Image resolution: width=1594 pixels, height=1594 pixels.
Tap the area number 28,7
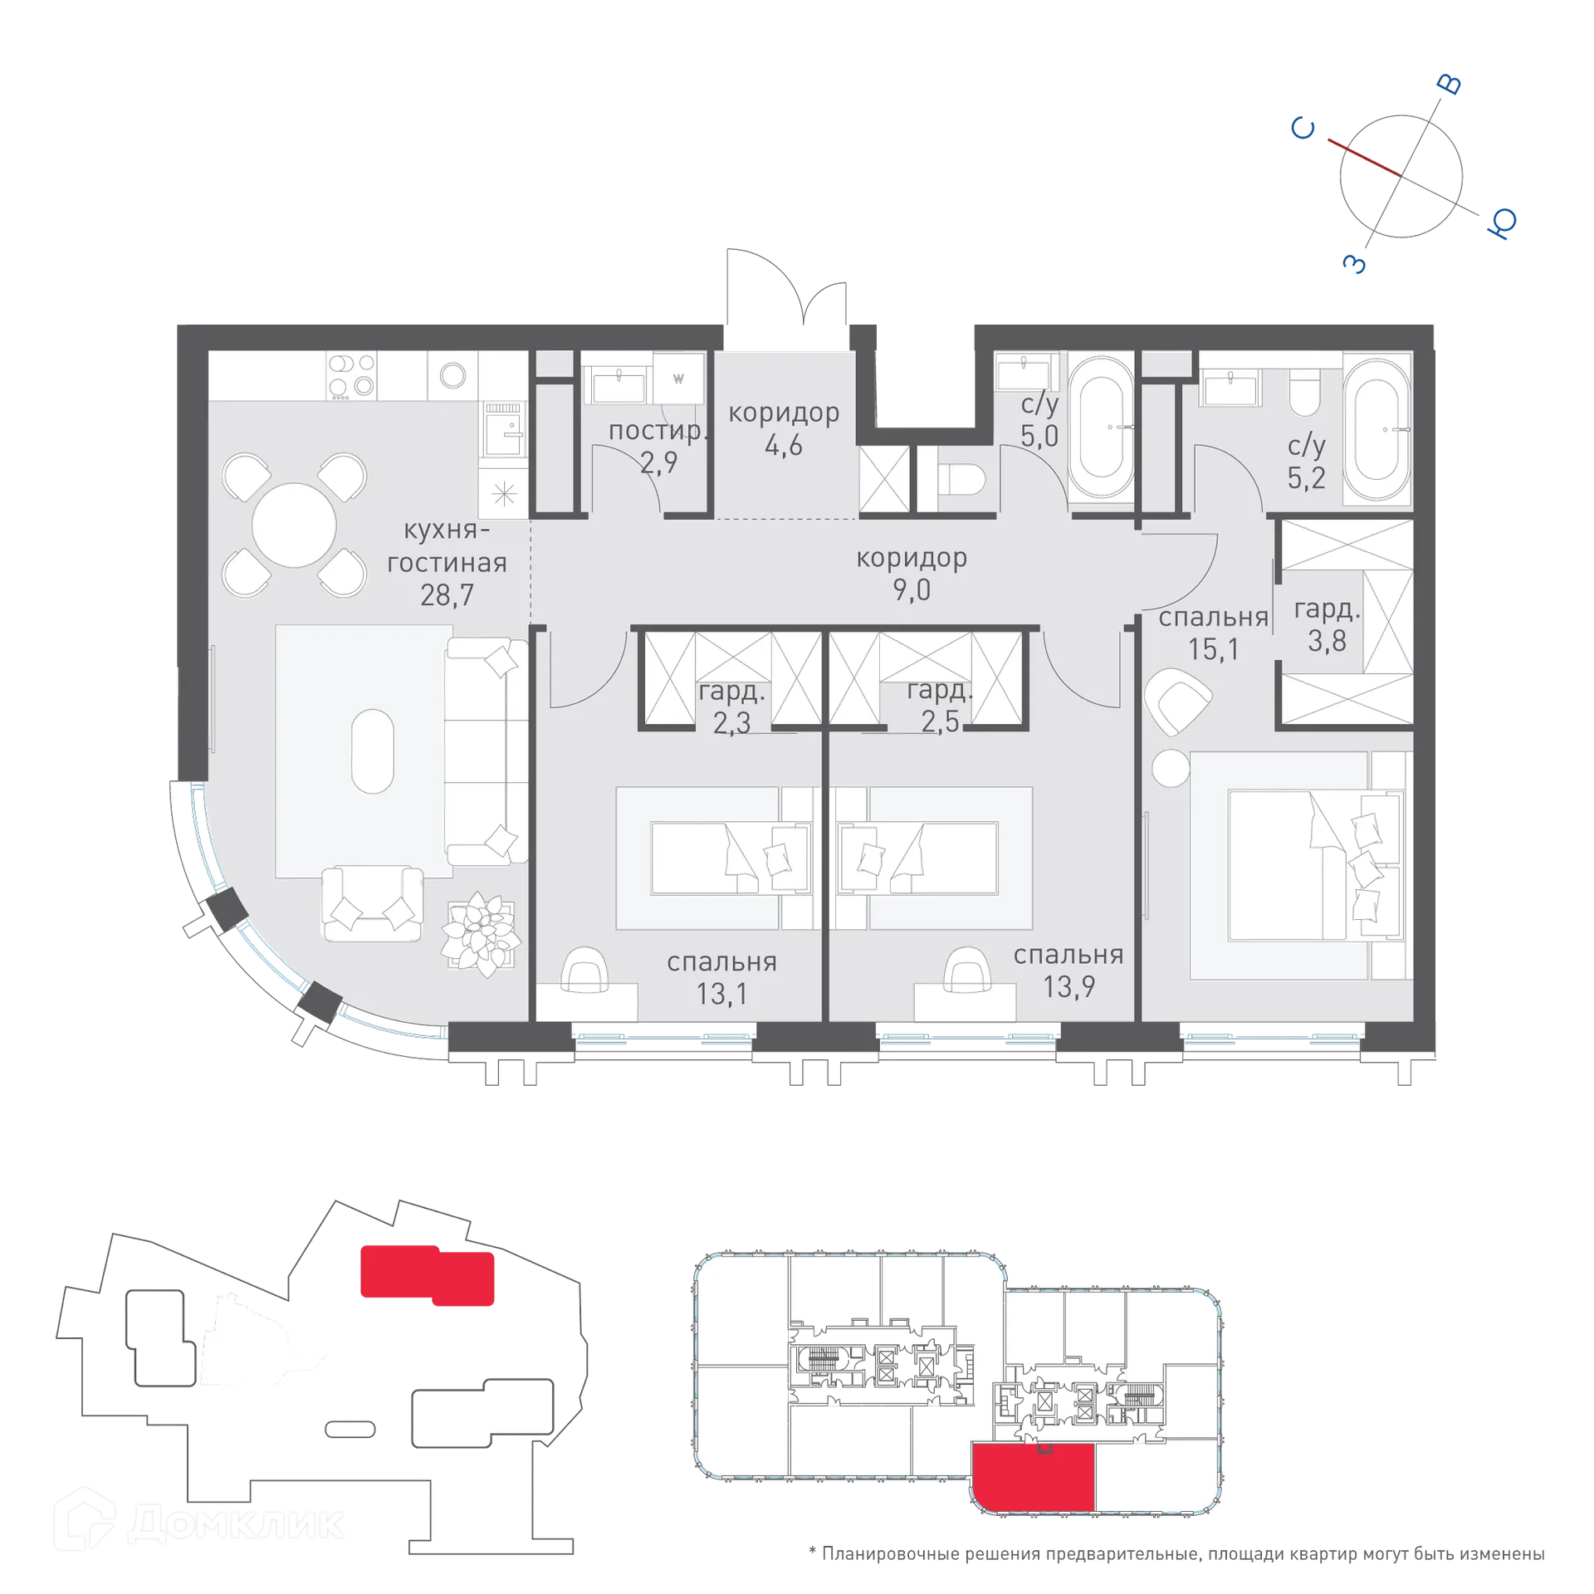[446, 594]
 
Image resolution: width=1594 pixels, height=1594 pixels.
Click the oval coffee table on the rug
[372, 751]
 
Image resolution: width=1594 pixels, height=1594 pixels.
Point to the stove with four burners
[351, 375]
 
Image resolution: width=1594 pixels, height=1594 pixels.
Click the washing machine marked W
[678, 379]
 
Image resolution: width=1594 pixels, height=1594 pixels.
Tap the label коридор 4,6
[783, 428]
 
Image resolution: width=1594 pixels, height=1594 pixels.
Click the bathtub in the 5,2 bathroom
[1376, 429]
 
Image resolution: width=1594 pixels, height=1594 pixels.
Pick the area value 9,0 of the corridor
[912, 590]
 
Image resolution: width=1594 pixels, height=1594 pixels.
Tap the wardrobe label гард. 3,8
[1327, 625]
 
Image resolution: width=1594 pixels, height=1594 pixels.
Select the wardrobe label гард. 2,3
[731, 707]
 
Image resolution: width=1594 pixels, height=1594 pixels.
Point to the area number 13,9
[1068, 986]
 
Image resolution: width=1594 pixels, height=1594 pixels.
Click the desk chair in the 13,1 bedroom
[584, 968]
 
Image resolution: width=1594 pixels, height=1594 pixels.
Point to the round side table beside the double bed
[1171, 767]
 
